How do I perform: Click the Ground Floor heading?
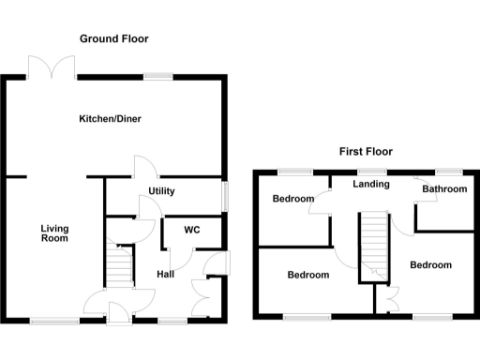(113, 38)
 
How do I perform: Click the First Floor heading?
(366, 151)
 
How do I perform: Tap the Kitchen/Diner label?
(113, 119)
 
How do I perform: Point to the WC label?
(192, 230)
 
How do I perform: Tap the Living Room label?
(54, 232)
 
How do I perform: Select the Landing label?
(370, 184)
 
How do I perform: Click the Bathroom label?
(443, 189)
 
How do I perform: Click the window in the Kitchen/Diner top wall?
(157, 77)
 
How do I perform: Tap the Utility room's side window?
(223, 194)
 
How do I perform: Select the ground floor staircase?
(117, 266)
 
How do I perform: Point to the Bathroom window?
(449, 171)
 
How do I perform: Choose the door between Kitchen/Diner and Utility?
(142, 166)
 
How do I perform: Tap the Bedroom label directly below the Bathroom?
(430, 265)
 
